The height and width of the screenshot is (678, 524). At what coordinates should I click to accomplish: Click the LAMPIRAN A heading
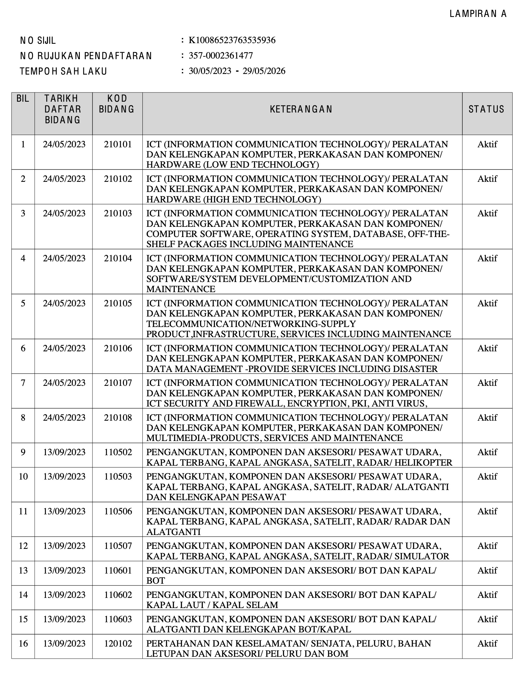[478, 14]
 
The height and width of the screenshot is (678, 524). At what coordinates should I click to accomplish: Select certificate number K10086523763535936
[232, 40]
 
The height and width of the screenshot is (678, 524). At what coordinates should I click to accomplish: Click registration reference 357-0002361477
[221, 56]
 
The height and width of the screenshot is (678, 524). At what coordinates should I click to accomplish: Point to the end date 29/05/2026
[264, 71]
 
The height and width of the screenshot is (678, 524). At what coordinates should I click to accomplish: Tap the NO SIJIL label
[38, 41]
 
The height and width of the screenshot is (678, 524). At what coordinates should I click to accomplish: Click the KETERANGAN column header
[301, 109]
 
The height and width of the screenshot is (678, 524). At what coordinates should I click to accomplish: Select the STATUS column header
[486, 109]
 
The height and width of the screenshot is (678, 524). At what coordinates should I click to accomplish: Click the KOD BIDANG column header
[117, 104]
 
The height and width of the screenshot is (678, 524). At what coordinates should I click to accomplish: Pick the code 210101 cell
[118, 144]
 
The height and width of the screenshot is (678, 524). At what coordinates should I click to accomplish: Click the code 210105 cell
[118, 303]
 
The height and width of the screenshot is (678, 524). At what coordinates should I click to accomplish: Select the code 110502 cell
[118, 452]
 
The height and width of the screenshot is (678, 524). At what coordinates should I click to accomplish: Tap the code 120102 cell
[118, 643]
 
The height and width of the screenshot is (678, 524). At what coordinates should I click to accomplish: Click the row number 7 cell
[23, 383]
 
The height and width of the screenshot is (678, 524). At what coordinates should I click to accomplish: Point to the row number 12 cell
[23, 546]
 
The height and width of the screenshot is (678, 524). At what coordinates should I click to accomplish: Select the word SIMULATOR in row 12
[422, 556]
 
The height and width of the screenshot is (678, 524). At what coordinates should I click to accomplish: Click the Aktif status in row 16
[487, 643]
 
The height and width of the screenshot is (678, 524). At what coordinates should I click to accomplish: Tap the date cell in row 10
[64, 476]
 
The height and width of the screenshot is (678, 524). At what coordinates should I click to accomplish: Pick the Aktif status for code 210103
[487, 213]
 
